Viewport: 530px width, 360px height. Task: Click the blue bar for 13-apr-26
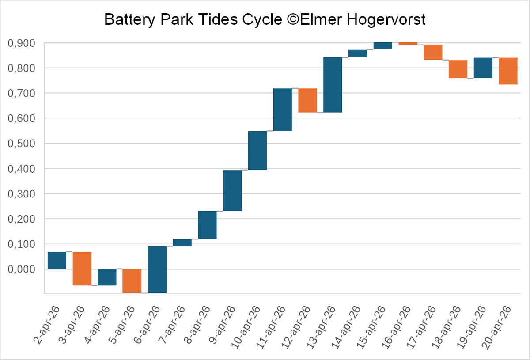click(333, 85)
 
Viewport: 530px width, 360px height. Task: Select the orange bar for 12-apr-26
click(307, 100)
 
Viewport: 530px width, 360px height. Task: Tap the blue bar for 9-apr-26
click(232, 190)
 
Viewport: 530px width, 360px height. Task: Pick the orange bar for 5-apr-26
click(132, 280)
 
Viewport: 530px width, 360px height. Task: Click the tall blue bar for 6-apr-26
click(157, 269)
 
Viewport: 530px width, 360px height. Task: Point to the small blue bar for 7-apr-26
click(182, 243)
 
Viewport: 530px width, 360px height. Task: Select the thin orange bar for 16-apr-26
click(408, 43)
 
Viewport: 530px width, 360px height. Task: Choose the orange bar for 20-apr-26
click(508, 71)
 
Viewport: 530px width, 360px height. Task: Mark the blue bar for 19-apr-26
click(483, 68)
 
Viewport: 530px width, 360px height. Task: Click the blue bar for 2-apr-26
click(57, 260)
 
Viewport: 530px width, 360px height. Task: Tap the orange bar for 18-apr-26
click(458, 69)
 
